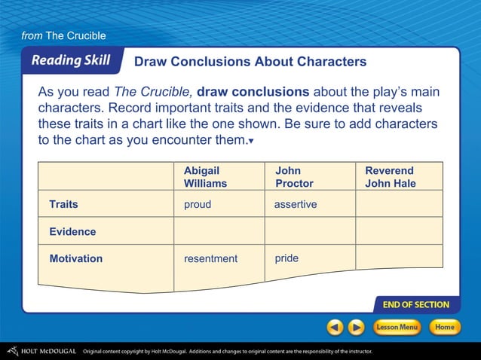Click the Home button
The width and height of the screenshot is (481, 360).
(x=445, y=328)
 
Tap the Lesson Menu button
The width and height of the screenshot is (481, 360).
(x=397, y=328)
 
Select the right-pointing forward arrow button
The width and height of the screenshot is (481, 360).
(x=356, y=328)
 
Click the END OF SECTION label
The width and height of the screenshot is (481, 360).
(x=415, y=305)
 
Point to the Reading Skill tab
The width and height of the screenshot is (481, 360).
(x=70, y=61)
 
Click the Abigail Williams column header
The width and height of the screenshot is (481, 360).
(x=205, y=177)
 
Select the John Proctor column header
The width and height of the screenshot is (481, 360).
(x=294, y=177)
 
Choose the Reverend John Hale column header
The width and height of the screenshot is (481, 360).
(x=390, y=177)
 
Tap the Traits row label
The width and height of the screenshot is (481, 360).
(x=63, y=204)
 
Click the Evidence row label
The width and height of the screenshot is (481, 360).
(x=72, y=232)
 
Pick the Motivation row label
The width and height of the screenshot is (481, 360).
(x=75, y=258)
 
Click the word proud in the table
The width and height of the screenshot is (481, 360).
(x=198, y=205)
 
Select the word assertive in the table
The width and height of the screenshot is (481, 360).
(x=296, y=205)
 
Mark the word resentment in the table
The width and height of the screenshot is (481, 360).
(x=210, y=259)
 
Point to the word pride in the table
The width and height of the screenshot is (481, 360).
(x=286, y=258)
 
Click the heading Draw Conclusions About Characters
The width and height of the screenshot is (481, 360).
(x=250, y=61)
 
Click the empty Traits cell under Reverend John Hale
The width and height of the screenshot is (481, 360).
(x=399, y=204)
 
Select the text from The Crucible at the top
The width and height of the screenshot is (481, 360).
(x=63, y=35)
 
